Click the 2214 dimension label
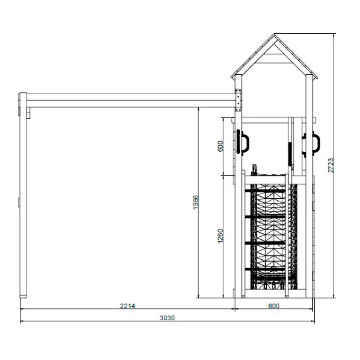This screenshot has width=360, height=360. tap(128, 306)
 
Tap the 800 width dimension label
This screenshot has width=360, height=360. tap(274, 306)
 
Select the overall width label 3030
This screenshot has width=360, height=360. tap(167, 318)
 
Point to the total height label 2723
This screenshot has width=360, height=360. tap(331, 165)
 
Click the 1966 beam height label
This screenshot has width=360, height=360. tap(196, 202)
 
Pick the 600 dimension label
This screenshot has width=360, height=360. tap(220, 146)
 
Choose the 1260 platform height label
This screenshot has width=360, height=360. tap(220, 236)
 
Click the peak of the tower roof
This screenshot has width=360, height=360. tap(274, 34)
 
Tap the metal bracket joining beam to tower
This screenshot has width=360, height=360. tap(238, 100)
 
